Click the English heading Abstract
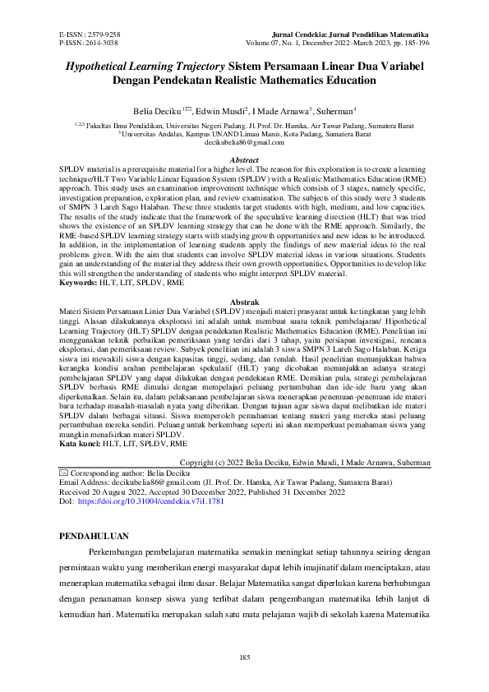tap(244, 160)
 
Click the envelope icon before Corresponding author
tap(64, 474)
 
